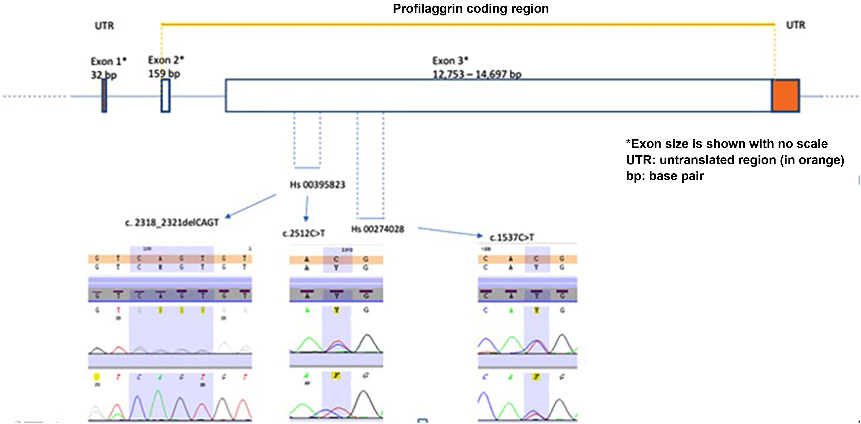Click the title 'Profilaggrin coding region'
point(471,9)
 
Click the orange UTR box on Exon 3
point(785,96)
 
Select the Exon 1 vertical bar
point(104,96)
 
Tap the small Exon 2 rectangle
point(165,96)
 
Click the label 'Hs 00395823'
point(317,185)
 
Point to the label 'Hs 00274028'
point(377,229)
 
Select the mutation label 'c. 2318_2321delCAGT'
point(172,223)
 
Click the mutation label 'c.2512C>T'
point(304,233)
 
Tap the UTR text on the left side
point(104,26)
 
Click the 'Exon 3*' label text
point(450,61)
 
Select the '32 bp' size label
point(104,75)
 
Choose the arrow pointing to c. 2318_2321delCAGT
point(251,206)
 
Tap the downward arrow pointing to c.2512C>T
point(306,209)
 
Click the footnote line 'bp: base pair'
point(665,176)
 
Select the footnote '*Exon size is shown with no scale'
point(727,144)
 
